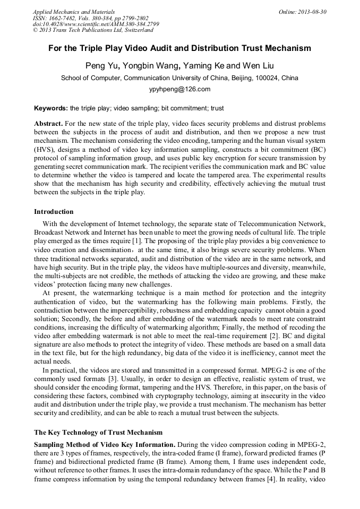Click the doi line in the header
96,24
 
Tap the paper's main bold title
179,48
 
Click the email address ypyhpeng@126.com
179,89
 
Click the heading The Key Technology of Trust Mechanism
98,433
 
